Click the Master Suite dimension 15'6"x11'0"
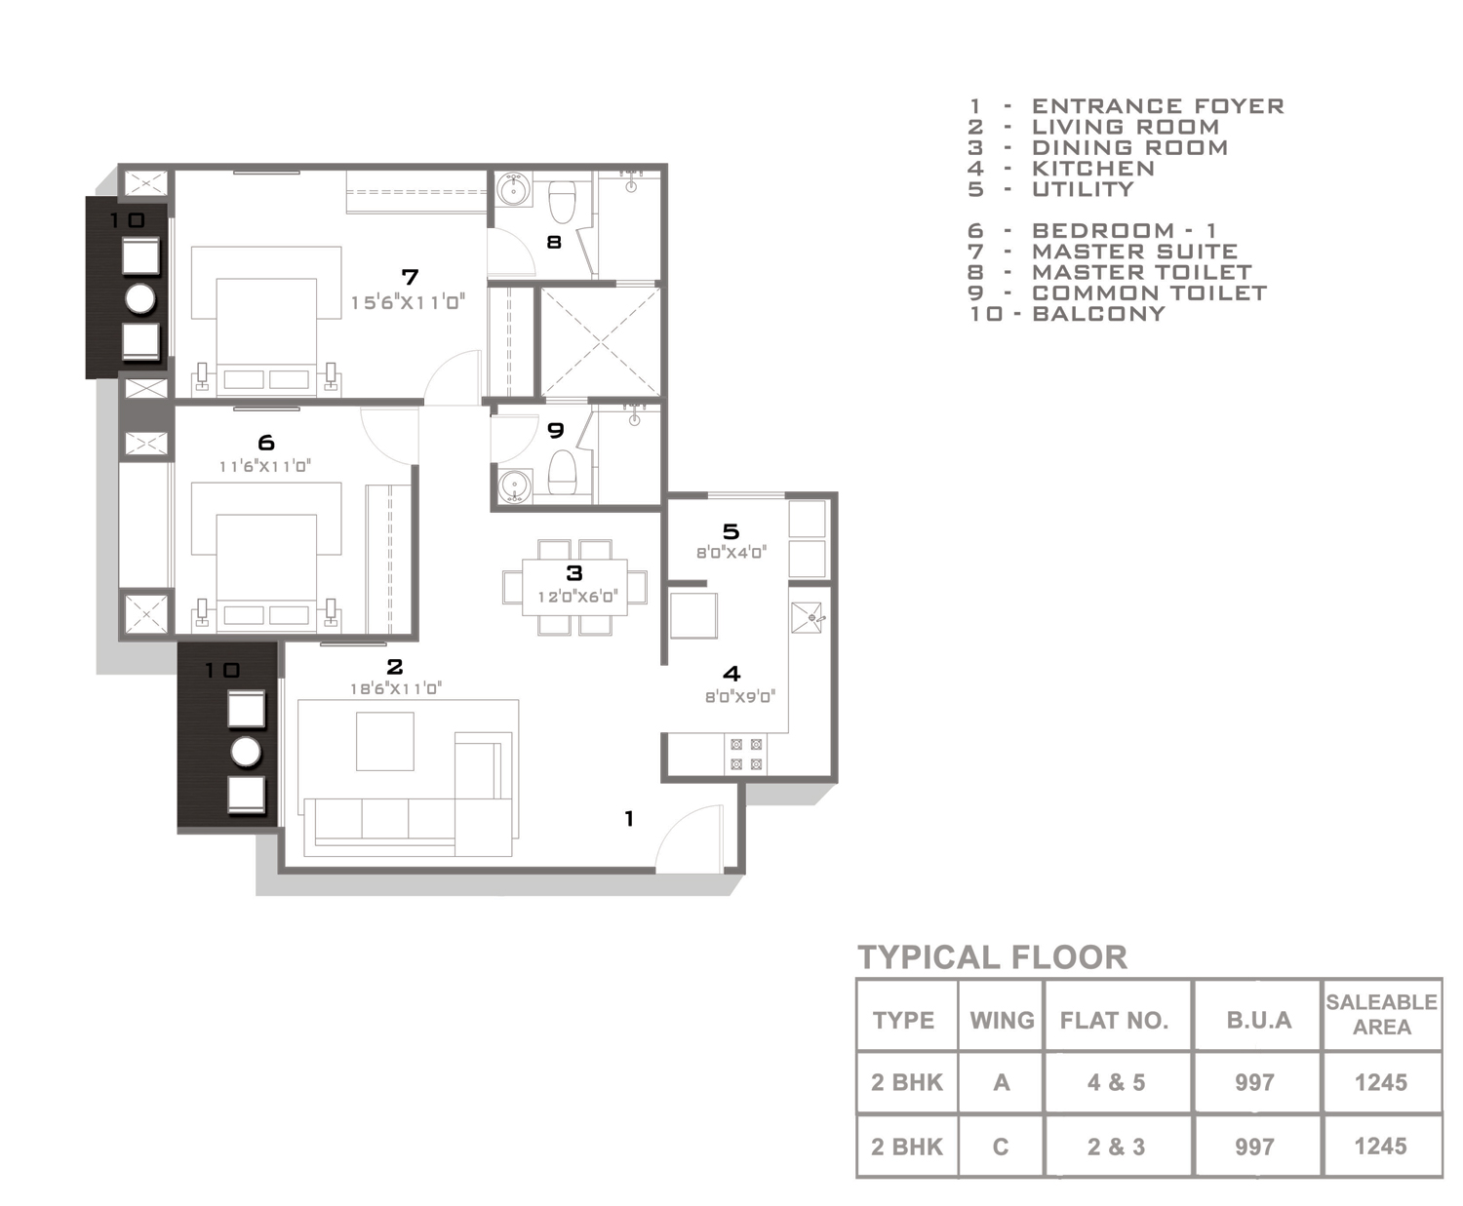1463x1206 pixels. [408, 302]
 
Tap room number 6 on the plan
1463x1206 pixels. [266, 443]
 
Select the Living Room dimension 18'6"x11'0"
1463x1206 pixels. [396, 688]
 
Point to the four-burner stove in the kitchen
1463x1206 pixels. [746, 755]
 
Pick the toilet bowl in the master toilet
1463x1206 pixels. [561, 202]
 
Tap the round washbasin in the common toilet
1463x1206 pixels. [514, 486]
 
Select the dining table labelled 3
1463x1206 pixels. [574, 587]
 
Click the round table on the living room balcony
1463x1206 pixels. [246, 753]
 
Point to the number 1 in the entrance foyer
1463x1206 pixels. [629, 818]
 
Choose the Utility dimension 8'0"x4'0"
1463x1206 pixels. [731, 553]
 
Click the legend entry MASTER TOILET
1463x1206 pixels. [1141, 272]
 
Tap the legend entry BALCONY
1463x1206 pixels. [1098, 313]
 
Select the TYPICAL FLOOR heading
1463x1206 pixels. [993, 957]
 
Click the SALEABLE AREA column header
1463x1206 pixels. [1381, 1015]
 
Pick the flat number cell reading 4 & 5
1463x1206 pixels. [1116, 1083]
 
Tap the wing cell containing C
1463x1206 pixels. [1001, 1147]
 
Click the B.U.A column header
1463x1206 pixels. [1258, 1021]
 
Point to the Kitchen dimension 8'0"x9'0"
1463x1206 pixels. [740, 697]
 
